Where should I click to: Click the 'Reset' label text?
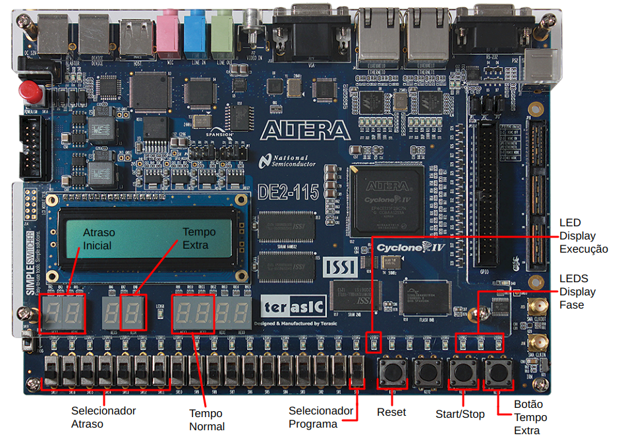click(x=391, y=412)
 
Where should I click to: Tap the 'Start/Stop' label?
click(x=460, y=414)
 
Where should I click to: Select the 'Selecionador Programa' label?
click(x=321, y=417)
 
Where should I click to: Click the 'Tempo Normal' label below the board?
click(x=207, y=420)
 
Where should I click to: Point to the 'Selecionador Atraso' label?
click(x=103, y=417)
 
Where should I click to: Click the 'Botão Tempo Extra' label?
click(x=530, y=418)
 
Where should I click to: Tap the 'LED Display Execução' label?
click(x=583, y=236)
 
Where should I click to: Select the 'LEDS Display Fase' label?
click(x=577, y=291)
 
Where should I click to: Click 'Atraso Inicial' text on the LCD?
click(x=98, y=239)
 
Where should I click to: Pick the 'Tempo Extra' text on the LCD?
click(x=199, y=238)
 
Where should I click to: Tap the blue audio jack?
click(x=195, y=30)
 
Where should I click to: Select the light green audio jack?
click(x=221, y=30)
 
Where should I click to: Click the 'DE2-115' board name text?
click(x=289, y=191)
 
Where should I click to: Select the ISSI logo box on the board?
click(x=340, y=266)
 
